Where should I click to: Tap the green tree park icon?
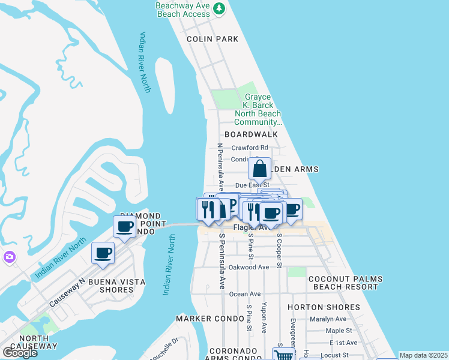click(x=220, y=8)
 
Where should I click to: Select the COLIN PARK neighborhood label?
click(x=212, y=39)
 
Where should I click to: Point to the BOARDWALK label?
click(x=252, y=135)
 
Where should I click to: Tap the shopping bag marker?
click(x=260, y=169)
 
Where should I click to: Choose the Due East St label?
click(x=252, y=185)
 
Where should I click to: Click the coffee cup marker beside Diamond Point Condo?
click(x=125, y=227)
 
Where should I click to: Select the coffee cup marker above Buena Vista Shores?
click(x=103, y=253)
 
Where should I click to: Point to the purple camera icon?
click(x=9, y=257)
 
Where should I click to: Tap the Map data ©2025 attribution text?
click(x=423, y=355)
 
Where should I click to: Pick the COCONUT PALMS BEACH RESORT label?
click(x=343, y=283)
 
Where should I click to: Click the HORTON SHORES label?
click(x=332, y=307)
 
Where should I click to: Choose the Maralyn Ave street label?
click(x=328, y=319)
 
